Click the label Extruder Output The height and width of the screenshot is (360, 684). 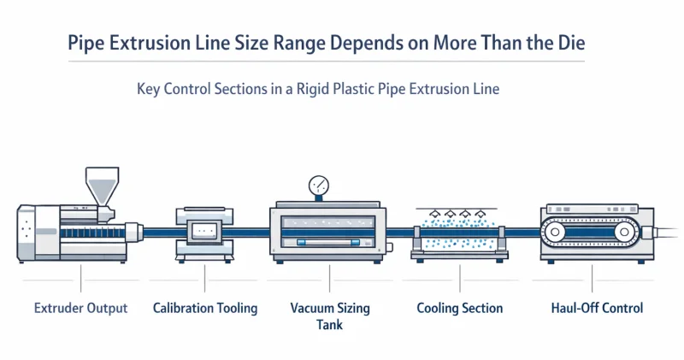pos(80,308)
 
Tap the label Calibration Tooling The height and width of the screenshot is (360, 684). pos(205,308)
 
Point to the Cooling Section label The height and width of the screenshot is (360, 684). pos(459,308)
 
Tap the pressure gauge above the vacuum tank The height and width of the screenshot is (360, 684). pos(320,186)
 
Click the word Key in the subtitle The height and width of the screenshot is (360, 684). pos(148,88)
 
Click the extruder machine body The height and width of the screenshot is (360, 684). pos(68,233)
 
